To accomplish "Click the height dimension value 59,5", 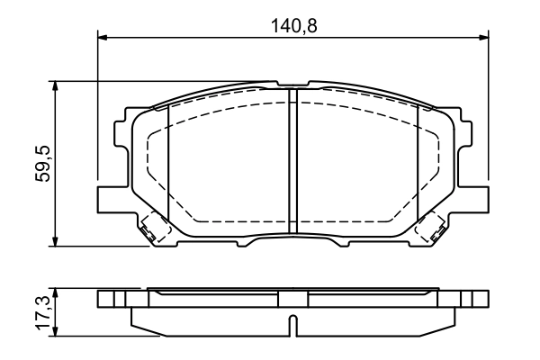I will (41, 162).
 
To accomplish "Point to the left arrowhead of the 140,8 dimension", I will (102, 37).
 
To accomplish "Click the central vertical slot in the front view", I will (292, 162).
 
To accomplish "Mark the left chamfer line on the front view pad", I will (169, 162).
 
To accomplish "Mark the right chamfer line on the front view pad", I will (418, 162).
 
